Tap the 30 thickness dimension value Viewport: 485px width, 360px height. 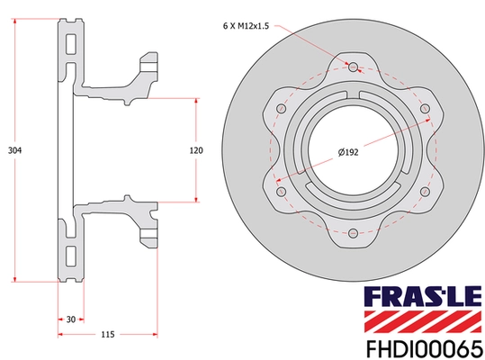69,319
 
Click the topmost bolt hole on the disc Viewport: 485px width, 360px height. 353,67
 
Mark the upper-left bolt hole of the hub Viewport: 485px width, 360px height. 281,109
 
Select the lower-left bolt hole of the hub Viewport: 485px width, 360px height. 281,192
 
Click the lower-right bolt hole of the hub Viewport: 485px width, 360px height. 425,192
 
